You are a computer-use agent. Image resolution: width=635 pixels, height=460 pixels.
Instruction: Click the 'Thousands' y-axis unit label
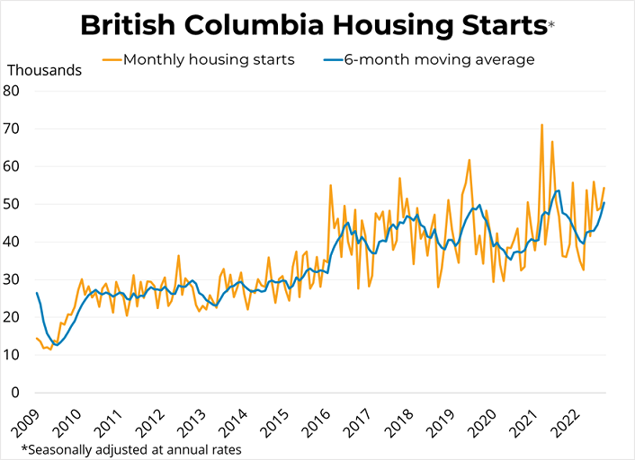45,69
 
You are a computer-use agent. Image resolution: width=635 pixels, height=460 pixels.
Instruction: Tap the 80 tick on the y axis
12,90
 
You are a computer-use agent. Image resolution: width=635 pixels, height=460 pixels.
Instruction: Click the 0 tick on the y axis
15,393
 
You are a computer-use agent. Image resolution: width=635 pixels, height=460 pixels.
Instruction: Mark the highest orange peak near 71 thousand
541,125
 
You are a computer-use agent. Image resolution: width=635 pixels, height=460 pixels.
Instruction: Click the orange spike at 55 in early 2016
331,185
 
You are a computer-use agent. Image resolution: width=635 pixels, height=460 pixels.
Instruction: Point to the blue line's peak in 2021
558,190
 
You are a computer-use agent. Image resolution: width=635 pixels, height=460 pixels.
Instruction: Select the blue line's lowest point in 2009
57,344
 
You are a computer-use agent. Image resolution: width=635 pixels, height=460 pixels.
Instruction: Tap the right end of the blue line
604,202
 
